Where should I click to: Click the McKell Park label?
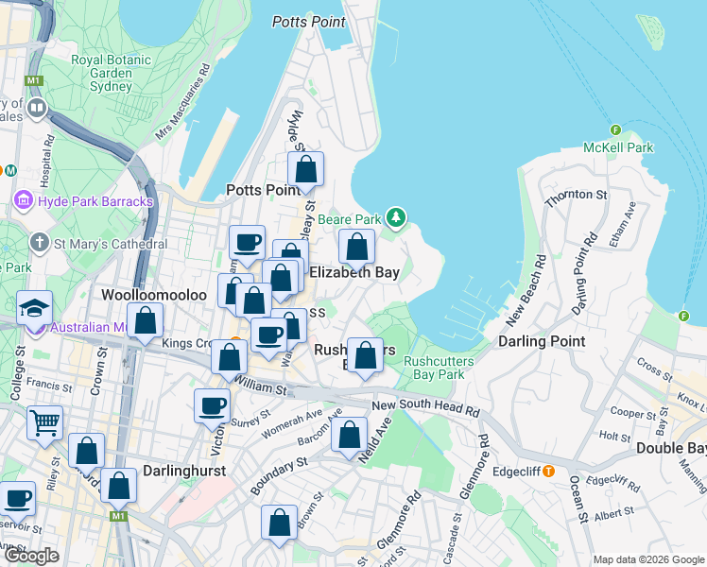click(x=618, y=147)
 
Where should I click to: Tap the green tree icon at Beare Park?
click(x=396, y=218)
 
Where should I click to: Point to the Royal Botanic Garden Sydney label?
click(x=113, y=74)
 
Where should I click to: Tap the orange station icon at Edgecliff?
click(x=548, y=471)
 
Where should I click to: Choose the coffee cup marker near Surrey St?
click(x=212, y=405)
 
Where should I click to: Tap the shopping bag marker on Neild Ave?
click(x=350, y=435)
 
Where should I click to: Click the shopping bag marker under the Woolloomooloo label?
click(x=146, y=320)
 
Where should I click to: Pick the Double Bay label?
click(x=670, y=448)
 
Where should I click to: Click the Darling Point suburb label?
click(x=541, y=341)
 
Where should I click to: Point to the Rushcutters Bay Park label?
click(x=434, y=368)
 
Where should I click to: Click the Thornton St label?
click(x=575, y=196)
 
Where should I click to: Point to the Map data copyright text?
click(x=648, y=559)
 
